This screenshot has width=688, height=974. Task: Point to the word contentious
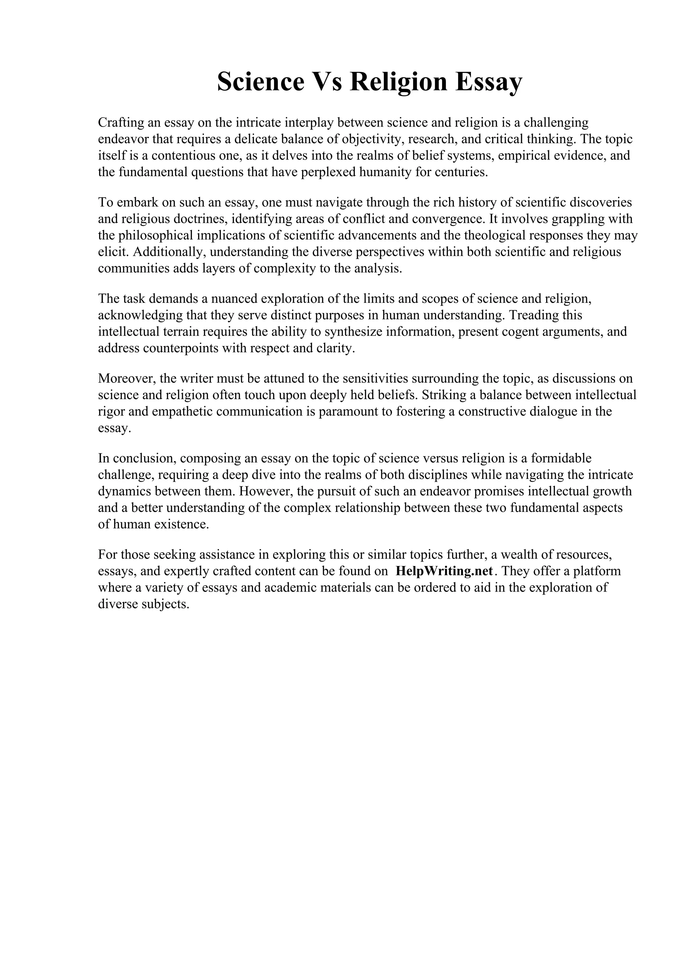click(183, 156)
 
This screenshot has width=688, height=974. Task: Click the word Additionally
click(169, 252)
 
